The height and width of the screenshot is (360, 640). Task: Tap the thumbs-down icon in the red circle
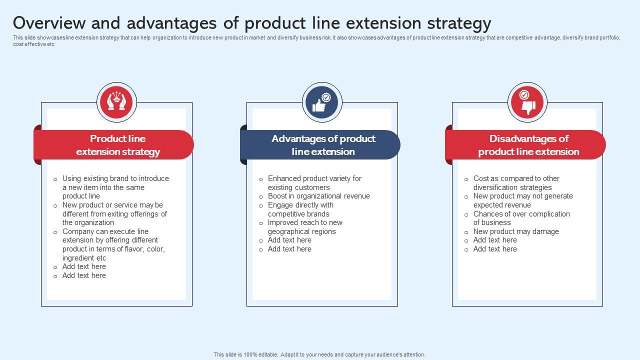(527, 103)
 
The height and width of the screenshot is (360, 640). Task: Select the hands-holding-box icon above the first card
(116, 102)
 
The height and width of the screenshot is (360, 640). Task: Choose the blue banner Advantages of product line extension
(323, 145)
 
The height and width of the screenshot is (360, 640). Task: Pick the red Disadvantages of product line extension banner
(528, 145)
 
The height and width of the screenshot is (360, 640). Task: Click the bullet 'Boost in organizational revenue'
(318, 196)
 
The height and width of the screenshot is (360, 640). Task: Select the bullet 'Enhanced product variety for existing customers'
(314, 183)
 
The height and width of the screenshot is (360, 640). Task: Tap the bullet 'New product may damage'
(515, 231)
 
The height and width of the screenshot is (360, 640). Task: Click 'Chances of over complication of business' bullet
(521, 218)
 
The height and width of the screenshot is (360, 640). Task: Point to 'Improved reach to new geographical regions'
(305, 227)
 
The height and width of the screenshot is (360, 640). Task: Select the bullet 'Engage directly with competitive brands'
(300, 209)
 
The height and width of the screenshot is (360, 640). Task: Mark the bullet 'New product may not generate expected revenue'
(522, 200)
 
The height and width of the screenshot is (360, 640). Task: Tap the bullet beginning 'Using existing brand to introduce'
(115, 187)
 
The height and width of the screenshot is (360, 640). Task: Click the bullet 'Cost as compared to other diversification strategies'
(516, 183)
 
